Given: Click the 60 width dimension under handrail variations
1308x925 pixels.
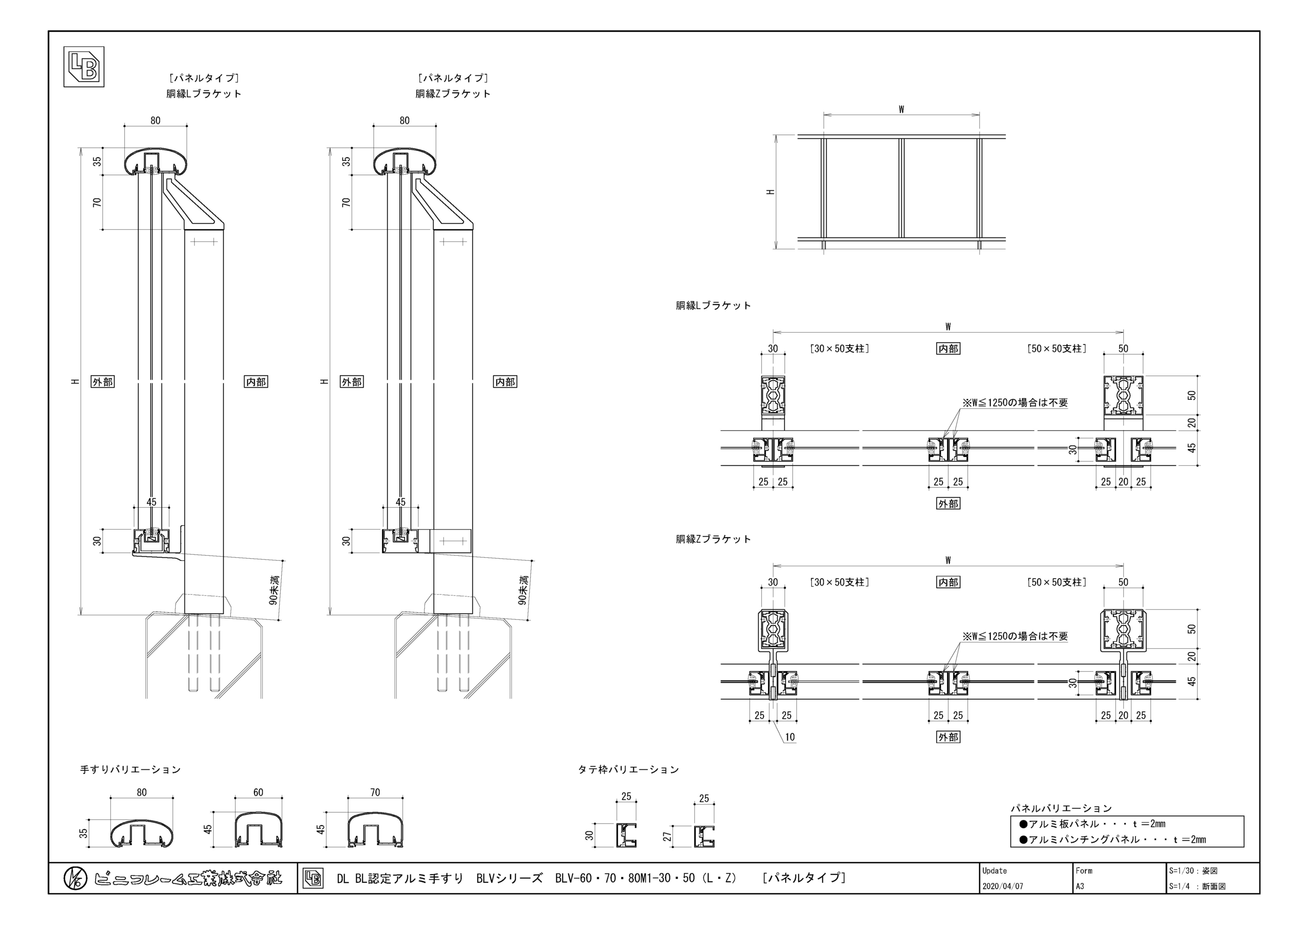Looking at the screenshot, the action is coord(258,792).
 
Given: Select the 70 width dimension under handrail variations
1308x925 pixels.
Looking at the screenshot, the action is coord(375,792).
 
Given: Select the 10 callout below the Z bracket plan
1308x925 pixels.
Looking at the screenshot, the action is coord(790,737).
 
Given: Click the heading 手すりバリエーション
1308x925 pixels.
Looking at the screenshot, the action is coord(131,769).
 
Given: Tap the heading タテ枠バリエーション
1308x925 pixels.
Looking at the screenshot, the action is coord(628,769).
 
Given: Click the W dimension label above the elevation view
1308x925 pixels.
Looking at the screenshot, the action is coord(901,110).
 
